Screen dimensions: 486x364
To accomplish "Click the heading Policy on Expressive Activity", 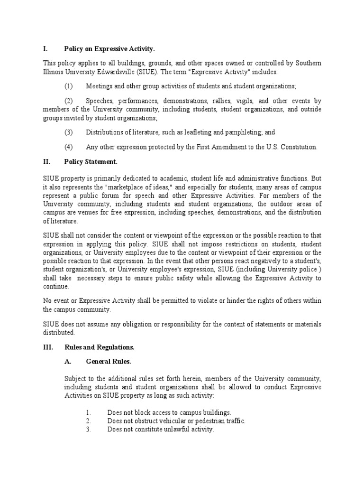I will tap(109, 49).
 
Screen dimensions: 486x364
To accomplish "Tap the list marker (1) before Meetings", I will tap(68, 86).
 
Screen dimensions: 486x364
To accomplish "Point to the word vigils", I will tap(246, 101).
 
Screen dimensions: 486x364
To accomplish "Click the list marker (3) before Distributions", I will tap(68, 132).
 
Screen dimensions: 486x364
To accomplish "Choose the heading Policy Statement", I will tap(90, 162).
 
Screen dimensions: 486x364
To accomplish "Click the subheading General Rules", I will tap(108, 362).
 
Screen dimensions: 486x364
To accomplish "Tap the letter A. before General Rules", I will tap(68, 362).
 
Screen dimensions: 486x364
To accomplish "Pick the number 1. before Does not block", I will tap(88, 413).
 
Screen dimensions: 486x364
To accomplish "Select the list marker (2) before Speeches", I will tap(68, 101).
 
